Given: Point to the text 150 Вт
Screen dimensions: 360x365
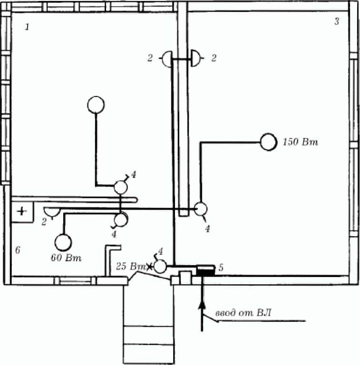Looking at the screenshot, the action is click(300, 142).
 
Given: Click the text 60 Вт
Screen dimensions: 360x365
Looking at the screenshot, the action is click(66, 258).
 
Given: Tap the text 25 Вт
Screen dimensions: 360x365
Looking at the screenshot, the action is click(130, 266).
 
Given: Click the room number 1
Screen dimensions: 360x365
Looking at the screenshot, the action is click(27, 27).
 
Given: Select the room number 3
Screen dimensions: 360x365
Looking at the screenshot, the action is click(337, 21).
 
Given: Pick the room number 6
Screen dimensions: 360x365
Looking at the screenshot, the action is click(18, 250).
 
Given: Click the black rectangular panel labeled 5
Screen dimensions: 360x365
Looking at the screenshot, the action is click(205, 271).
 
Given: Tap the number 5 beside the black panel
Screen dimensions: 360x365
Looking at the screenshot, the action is click(221, 268).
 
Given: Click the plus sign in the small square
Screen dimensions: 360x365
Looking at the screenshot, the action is click(22, 211).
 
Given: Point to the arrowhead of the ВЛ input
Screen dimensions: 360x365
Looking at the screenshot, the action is click(202, 304).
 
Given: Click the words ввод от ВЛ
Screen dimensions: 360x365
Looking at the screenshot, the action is click(243, 312).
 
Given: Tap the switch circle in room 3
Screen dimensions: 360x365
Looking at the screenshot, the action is click(201, 209).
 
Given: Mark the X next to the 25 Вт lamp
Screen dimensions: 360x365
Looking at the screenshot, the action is click(149, 266).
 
